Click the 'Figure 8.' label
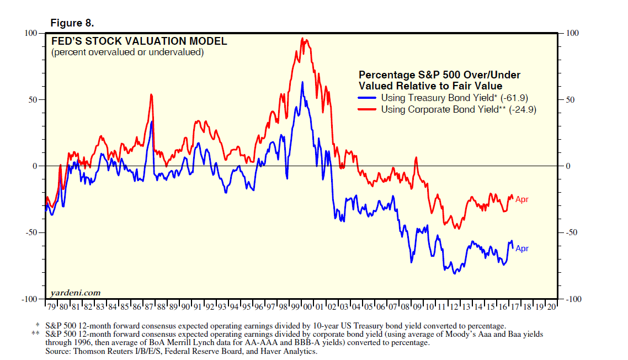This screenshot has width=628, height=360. pyautogui.click(x=72, y=23)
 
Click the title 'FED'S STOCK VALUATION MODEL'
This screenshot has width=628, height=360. pyautogui.click(x=139, y=41)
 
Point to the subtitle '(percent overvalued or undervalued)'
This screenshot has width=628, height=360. pyautogui.click(x=127, y=52)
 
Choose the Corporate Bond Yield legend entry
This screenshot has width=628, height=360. pyautogui.click(x=458, y=109)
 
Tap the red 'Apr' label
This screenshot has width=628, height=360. pyautogui.click(x=521, y=199)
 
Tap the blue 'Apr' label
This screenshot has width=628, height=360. pyautogui.click(x=521, y=248)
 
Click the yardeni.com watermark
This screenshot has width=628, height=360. pyautogui.click(x=76, y=292)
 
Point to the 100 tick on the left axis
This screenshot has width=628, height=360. pyautogui.click(x=30, y=33)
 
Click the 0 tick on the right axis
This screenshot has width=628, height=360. pyautogui.click(x=570, y=166)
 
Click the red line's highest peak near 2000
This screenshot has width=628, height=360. pyautogui.click(x=303, y=38)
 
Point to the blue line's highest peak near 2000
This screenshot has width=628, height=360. pyautogui.click(x=302, y=82)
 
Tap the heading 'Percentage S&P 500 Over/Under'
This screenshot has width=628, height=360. pyautogui.click(x=439, y=75)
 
